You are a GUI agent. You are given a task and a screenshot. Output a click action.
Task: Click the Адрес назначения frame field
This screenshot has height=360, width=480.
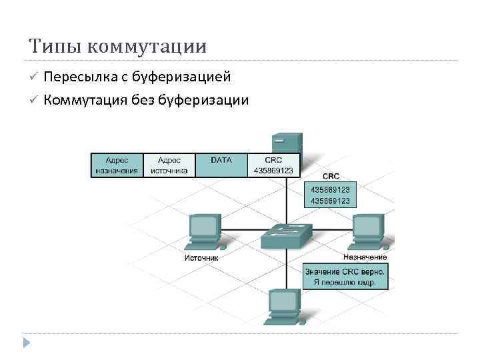(117, 165)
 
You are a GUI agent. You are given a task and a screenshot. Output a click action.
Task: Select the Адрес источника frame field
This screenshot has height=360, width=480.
(169, 165)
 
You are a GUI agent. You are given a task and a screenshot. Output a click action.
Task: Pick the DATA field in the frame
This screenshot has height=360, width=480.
(221, 165)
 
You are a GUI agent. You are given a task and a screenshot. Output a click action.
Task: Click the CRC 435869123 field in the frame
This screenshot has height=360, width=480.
(273, 165)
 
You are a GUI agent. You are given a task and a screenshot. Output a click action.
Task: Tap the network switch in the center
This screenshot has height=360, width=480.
(286, 235)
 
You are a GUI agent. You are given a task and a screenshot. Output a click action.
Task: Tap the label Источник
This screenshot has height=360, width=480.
(201, 258)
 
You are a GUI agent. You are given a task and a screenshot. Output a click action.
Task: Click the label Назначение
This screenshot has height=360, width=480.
(365, 257)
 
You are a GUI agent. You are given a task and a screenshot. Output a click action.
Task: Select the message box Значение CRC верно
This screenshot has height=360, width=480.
(345, 277)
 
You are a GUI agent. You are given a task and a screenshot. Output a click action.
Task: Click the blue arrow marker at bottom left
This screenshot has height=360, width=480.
(27, 343)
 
